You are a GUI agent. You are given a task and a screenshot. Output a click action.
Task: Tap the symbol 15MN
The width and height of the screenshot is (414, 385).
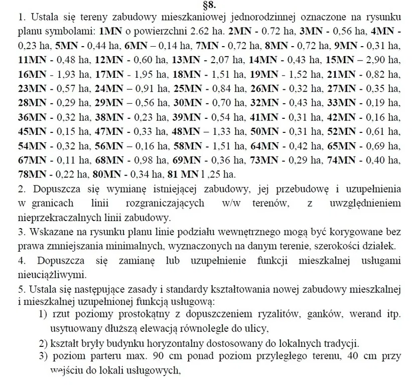click(x=340, y=60)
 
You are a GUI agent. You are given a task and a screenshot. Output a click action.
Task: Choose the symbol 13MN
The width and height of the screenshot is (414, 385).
click(x=186, y=60)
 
